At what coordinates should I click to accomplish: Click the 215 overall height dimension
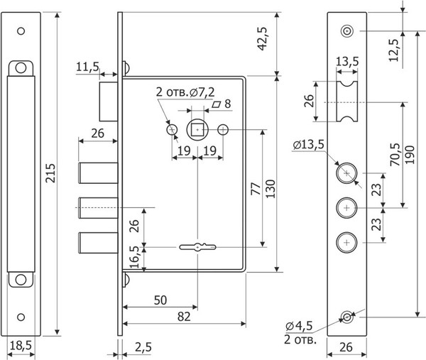pyautogui.click(x=50, y=173)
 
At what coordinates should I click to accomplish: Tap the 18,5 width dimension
pyautogui.click(x=21, y=346)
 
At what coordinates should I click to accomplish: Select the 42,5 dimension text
pyautogui.click(x=263, y=38)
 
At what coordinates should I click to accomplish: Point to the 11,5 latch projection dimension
pyautogui.click(x=87, y=67)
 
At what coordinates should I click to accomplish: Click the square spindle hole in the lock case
pyautogui.click(x=197, y=130)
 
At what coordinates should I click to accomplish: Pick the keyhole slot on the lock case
pyautogui.click(x=197, y=247)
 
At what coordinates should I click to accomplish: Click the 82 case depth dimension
pyautogui.click(x=184, y=317)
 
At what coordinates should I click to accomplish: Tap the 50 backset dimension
pyautogui.click(x=160, y=300)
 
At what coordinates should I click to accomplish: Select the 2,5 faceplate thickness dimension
pyautogui.click(x=143, y=347)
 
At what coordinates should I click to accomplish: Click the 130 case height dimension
pyautogui.click(x=271, y=189)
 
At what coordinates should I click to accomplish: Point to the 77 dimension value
pyautogui.click(x=256, y=189)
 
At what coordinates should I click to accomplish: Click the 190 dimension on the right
pyautogui.click(x=410, y=155)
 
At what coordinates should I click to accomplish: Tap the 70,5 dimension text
pyautogui.click(x=395, y=155)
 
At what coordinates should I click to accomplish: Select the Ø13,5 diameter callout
pyautogui.click(x=309, y=145)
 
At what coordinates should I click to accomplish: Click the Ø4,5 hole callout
pyautogui.click(x=299, y=325)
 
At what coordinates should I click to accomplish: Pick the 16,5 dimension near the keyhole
pyautogui.click(x=134, y=257)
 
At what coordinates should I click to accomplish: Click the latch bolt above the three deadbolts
pyautogui.click(x=109, y=102)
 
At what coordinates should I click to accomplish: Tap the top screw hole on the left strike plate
pyautogui.click(x=21, y=31)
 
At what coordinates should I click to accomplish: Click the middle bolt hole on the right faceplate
pyautogui.click(x=346, y=208)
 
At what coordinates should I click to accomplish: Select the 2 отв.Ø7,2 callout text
pyautogui.click(x=185, y=92)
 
